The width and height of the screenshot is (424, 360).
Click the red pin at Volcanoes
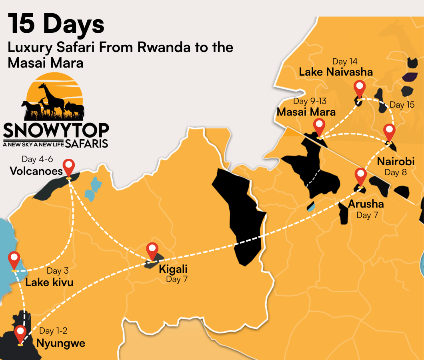[x=69, y=166]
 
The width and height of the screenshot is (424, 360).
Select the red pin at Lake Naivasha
[x=360, y=88]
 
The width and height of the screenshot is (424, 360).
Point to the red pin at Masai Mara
[x=319, y=126]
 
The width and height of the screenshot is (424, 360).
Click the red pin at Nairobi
[x=389, y=132]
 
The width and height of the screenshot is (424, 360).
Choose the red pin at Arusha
[x=361, y=176]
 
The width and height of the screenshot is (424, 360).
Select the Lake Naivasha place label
[x=336, y=72]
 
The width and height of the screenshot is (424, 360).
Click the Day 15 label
[x=402, y=105]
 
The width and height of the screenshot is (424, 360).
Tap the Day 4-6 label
[x=37, y=160]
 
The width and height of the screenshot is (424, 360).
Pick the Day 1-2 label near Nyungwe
[x=53, y=331]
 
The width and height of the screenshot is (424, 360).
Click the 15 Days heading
[x=56, y=24]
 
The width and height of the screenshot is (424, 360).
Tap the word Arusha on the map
[x=366, y=204]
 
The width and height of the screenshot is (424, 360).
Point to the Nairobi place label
[x=396, y=162]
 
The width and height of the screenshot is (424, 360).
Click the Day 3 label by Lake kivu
[x=58, y=271]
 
